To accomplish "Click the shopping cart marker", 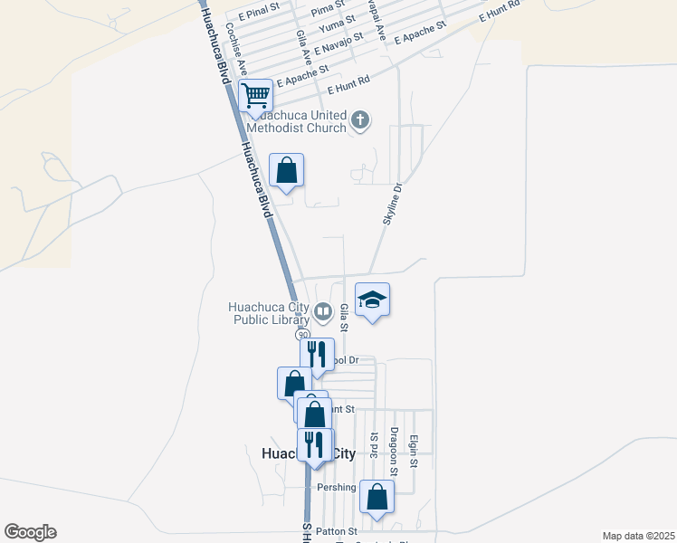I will [256, 94].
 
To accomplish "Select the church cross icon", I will [360, 119].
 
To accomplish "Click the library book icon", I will [323, 312].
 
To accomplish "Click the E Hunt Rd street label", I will [349, 86].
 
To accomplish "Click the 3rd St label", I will [373, 446].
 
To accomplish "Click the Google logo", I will [30, 531].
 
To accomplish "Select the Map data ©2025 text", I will [637, 536].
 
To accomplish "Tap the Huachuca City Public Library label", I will [271, 312].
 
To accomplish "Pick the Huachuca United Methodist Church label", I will [299, 121].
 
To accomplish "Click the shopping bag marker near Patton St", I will [377, 498].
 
